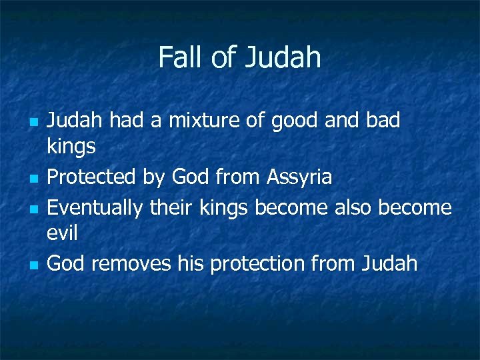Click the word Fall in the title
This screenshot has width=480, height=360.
click(x=181, y=57)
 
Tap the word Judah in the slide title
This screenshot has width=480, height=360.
click(x=283, y=57)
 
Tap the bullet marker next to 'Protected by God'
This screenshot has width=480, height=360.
click(x=32, y=179)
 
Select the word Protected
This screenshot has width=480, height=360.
click(x=92, y=177)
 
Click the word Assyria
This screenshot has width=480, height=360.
click(x=299, y=177)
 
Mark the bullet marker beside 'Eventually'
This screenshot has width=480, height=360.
click(x=32, y=209)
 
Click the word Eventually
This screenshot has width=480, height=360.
click(x=95, y=208)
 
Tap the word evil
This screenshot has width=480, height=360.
click(x=63, y=233)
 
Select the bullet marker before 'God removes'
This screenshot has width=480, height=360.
click(x=32, y=265)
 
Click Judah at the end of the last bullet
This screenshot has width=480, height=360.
click(x=389, y=264)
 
